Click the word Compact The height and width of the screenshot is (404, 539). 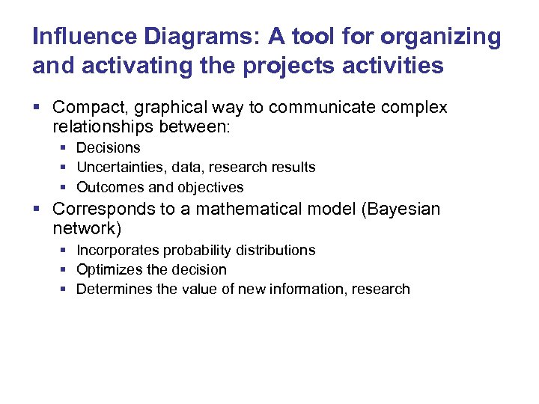pos(86,108)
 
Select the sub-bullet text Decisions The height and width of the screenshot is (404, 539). pos(109,148)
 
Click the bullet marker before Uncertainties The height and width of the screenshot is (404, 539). pos(65,168)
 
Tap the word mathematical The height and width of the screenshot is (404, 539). pos(246,209)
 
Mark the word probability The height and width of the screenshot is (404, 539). pos(194,250)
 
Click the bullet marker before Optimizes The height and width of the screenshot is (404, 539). pos(65,269)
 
